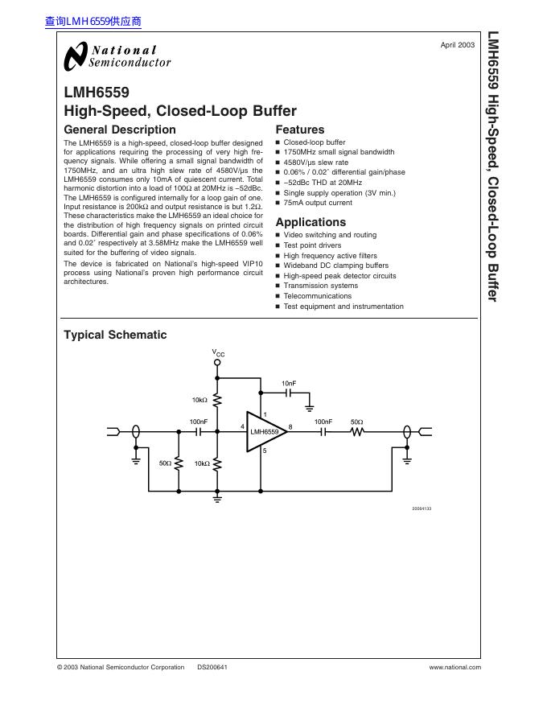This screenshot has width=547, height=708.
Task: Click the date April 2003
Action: click(x=457, y=46)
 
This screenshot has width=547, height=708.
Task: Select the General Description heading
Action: click(x=119, y=130)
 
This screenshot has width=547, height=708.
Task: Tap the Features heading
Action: click(x=300, y=130)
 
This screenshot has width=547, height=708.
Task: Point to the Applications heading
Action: click(x=311, y=222)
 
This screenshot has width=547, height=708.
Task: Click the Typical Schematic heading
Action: click(x=115, y=335)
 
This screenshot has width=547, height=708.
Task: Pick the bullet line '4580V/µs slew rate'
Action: click(x=316, y=162)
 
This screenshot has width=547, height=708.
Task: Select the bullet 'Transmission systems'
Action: click(x=320, y=286)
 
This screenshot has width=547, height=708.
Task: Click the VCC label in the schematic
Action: click(x=218, y=352)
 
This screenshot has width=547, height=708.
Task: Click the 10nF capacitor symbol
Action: click(x=288, y=394)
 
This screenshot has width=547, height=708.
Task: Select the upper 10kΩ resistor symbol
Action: click(x=217, y=401)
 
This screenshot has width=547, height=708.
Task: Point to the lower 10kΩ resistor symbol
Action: click(x=217, y=464)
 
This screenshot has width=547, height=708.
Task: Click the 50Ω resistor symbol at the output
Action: click(x=356, y=432)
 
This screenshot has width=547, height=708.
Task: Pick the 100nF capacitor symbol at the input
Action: click(x=198, y=432)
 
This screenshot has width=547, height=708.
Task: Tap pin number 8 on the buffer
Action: click(x=290, y=426)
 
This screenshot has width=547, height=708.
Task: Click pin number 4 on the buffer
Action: click(x=242, y=426)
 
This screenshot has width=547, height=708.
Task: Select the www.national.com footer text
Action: click(x=454, y=667)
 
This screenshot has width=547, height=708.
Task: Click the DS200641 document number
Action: click(x=212, y=667)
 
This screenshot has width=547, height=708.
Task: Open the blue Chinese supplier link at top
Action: click(x=93, y=22)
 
